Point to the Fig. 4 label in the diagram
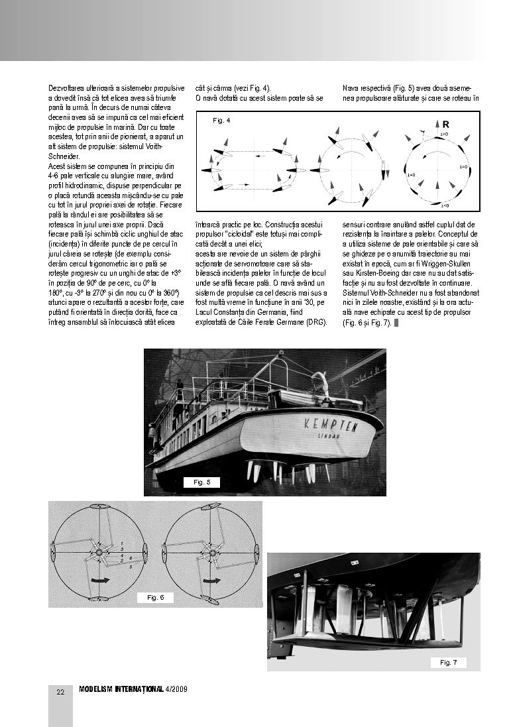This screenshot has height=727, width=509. click(x=221, y=121)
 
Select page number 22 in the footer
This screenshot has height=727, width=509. click(x=60, y=692)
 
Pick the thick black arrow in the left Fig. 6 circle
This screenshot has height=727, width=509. click(x=99, y=579)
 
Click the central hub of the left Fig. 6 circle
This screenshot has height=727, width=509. click(x=98, y=551)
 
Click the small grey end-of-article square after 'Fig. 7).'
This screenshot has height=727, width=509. click(x=396, y=323)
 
